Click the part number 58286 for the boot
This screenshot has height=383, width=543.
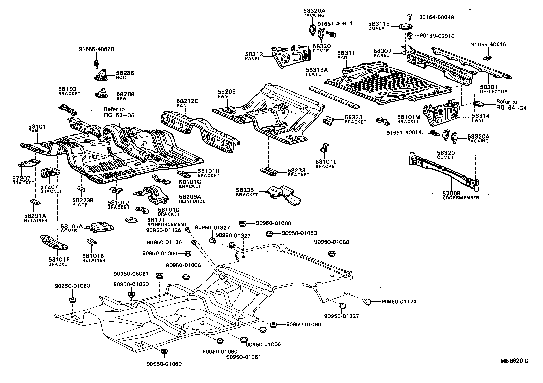pyautogui.click(x=125, y=73)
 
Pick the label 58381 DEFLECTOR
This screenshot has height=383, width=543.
pyautogui.click(x=494, y=89)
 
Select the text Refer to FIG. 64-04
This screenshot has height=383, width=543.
pyautogui.click(x=511, y=104)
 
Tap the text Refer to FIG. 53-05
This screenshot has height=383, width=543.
pyautogui.click(x=119, y=112)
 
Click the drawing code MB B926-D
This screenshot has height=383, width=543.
pyautogui.click(x=514, y=361)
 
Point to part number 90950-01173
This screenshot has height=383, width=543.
pyautogui.click(x=399, y=302)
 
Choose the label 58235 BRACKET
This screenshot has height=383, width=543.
pyautogui.click(x=247, y=192)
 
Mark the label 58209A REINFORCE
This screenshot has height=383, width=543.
pyautogui.click(x=192, y=199)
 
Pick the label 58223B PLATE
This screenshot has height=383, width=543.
pyautogui.click(x=80, y=202)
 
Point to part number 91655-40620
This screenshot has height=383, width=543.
pyautogui.click(x=97, y=49)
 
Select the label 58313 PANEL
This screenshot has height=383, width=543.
pyautogui.click(x=253, y=56)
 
